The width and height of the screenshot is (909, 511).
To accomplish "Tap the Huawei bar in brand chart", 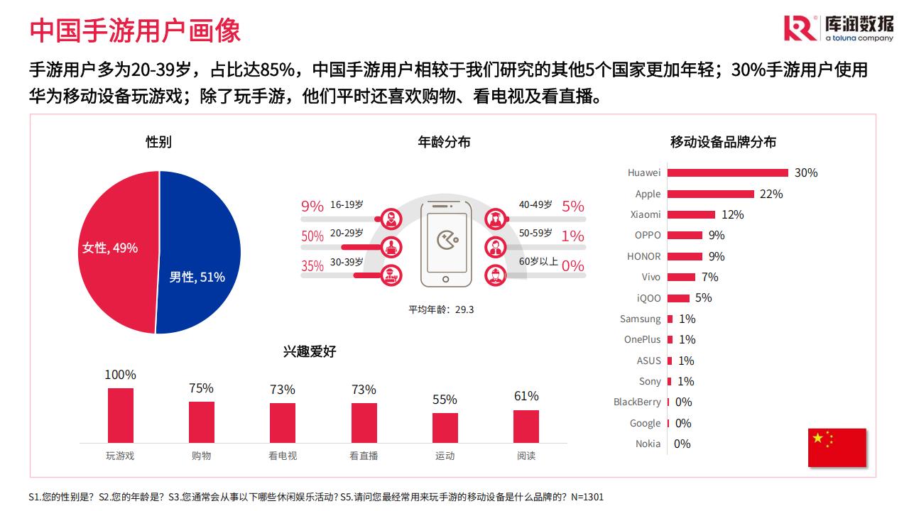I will coord(728,172).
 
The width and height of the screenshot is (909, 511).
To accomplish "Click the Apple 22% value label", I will coord(771,194).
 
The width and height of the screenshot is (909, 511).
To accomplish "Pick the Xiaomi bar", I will coord(691,214).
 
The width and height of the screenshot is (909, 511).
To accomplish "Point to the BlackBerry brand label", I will coord(637,402).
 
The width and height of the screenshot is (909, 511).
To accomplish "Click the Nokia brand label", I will coord(648,444).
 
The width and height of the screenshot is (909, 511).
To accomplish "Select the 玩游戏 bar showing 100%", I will coord(121,415).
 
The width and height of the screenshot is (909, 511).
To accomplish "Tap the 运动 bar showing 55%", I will coord(445,428).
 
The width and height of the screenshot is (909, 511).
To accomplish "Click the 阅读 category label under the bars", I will coord(526,456).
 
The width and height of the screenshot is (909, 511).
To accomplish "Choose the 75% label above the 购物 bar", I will coord(201,388).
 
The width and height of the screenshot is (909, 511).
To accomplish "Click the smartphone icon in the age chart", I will coord(446,244).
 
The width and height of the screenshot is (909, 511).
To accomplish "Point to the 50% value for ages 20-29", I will coord(312,236).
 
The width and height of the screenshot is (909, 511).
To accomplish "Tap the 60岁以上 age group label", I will coord(538,261).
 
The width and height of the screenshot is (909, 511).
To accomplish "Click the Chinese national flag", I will coord(837,447).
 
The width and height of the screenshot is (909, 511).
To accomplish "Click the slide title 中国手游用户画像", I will coord(135,30).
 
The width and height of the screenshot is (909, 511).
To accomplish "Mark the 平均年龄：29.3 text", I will coord(441,309).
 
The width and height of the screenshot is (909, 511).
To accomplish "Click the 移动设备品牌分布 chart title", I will coord(723,142).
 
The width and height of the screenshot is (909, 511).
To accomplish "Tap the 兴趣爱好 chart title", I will coord(310,351).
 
